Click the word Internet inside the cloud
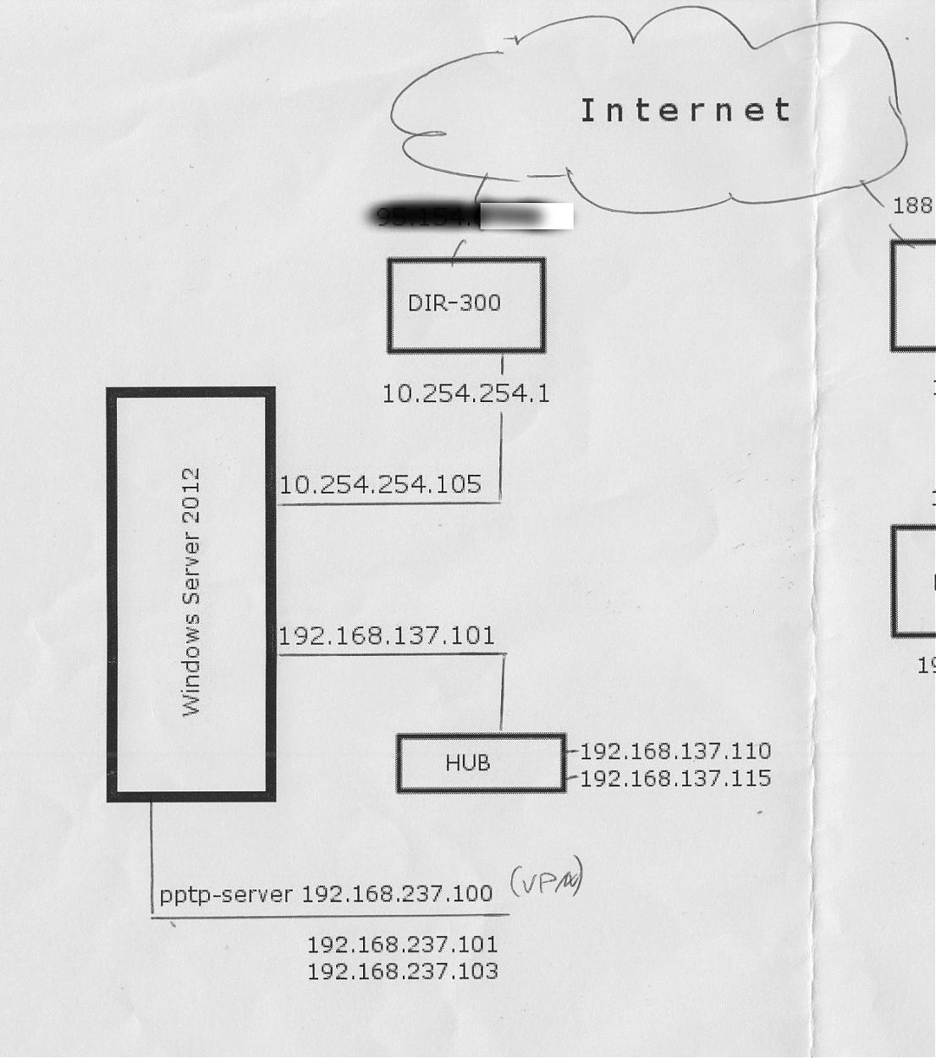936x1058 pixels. tap(685, 110)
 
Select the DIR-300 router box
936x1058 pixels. tap(466, 305)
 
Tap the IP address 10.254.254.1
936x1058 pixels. tap(465, 394)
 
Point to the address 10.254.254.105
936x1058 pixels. tap(380, 485)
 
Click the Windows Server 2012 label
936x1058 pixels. tap(192, 592)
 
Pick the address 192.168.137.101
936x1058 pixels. tap(387, 636)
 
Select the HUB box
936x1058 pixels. tap(481, 763)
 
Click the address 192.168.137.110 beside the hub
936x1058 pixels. tap(675, 751)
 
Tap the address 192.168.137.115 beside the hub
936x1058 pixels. tap(675, 778)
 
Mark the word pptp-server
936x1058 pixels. tap(226, 894)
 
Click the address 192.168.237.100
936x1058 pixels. tap(397, 894)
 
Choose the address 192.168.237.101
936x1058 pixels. tap(402, 944)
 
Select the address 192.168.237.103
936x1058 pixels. tap(402, 971)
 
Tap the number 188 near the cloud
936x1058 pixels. tap(912, 206)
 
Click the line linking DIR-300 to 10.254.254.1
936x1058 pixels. tap(503, 365)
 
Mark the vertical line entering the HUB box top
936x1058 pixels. tap(503, 694)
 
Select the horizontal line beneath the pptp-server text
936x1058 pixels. tap(330, 915)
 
